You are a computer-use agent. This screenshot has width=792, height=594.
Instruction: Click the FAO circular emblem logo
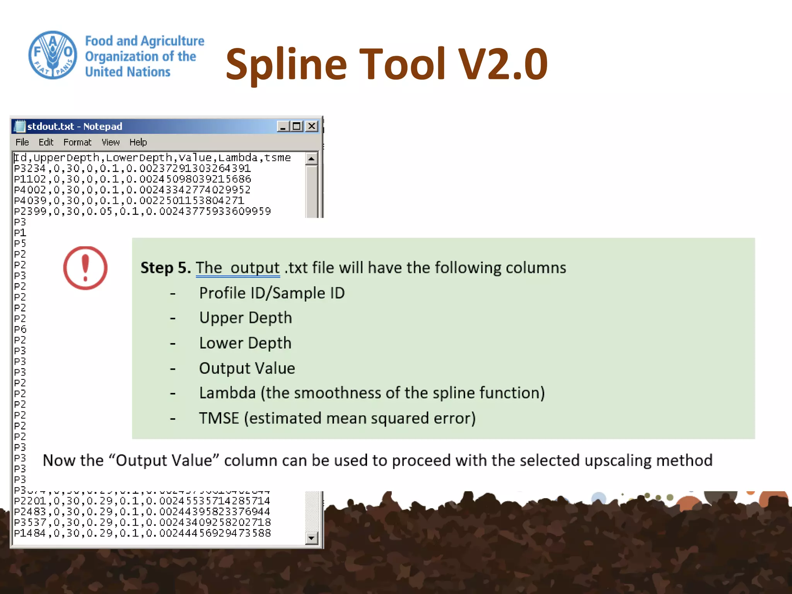(x=53, y=55)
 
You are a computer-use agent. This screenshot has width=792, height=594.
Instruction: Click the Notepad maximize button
(x=297, y=126)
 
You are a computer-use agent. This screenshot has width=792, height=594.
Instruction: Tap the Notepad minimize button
(x=283, y=126)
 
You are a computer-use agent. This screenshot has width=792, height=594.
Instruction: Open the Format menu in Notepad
(x=77, y=142)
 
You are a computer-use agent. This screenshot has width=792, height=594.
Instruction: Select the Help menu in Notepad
(x=138, y=142)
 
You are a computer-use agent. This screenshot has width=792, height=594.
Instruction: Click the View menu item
(x=110, y=142)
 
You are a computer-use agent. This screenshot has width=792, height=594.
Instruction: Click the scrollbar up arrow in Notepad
(x=311, y=159)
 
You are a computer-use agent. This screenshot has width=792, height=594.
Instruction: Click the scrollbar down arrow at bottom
(x=311, y=538)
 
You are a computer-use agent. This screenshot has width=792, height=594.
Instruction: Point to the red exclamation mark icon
(x=85, y=268)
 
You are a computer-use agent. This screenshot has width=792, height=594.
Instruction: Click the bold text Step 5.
(x=166, y=268)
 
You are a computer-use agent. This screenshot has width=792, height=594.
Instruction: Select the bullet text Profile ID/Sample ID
(x=271, y=293)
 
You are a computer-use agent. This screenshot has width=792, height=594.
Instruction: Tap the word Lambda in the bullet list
(x=227, y=393)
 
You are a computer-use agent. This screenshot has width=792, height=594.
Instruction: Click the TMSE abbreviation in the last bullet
(x=219, y=418)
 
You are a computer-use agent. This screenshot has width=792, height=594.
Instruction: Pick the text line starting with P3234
(x=132, y=169)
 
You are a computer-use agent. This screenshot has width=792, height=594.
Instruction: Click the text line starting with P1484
(x=142, y=533)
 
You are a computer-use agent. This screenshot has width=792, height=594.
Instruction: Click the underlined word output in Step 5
(x=255, y=268)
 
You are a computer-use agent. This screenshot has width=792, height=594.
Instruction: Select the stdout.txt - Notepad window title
(x=75, y=126)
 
